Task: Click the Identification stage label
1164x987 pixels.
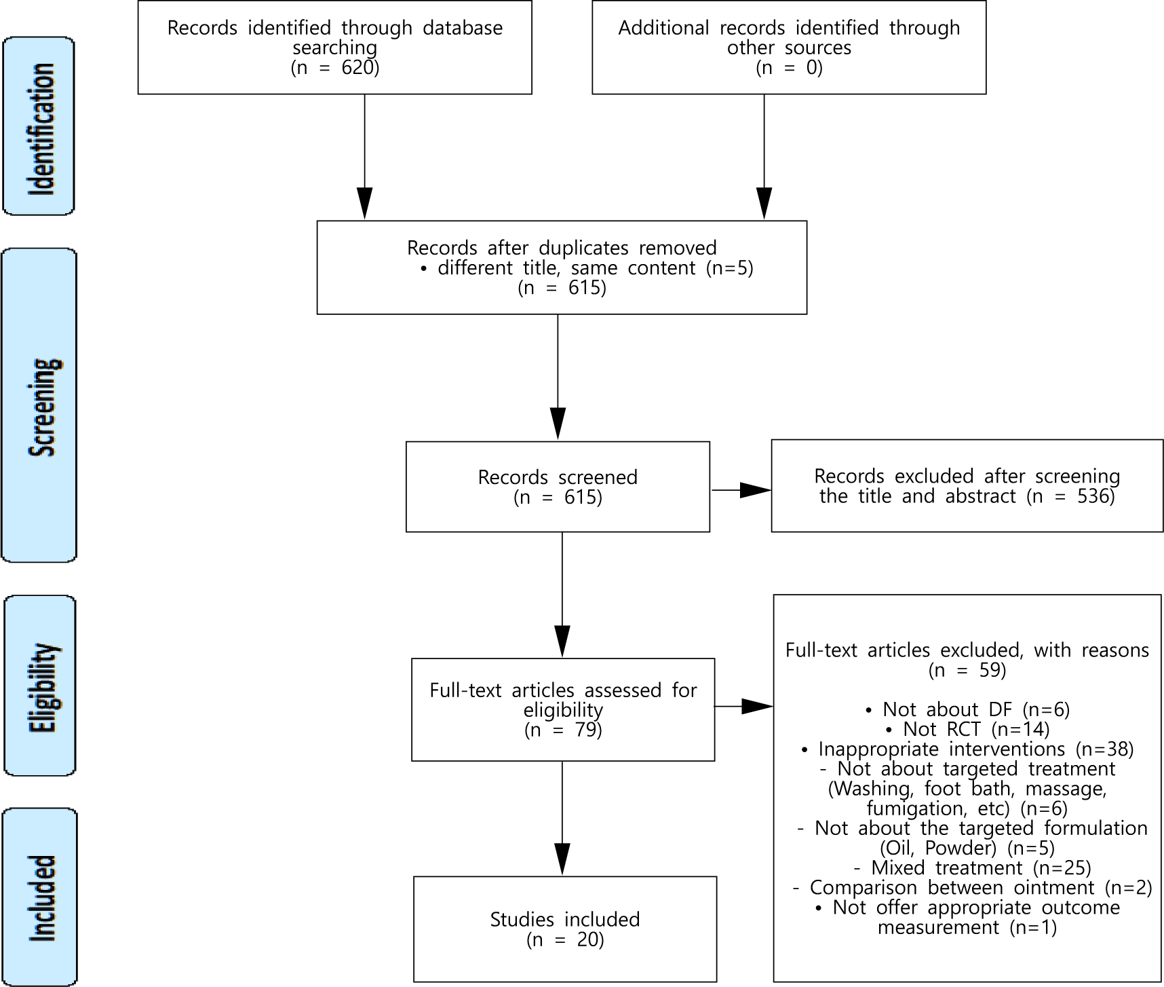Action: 39,127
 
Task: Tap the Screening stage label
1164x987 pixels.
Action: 39,405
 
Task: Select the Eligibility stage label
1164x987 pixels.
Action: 39,686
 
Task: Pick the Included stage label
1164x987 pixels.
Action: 39,897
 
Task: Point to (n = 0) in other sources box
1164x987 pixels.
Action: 790,68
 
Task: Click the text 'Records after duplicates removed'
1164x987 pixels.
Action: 562,248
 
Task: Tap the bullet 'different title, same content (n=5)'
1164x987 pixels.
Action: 587,267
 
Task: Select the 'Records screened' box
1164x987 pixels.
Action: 558,487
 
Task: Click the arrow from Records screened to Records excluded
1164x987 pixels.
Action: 741,489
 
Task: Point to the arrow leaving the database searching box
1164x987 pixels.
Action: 365,157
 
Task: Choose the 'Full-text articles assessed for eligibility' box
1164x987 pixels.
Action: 563,709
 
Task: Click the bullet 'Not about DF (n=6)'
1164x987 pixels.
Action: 968,710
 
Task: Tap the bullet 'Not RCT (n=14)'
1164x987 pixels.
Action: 968,730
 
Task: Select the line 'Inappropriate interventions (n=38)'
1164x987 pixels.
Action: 968,749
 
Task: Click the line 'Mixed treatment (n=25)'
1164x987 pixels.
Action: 973,868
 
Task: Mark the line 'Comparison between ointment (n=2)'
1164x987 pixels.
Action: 973,888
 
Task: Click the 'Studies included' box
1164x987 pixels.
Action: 565,929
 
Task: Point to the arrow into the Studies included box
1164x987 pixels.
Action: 562,819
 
